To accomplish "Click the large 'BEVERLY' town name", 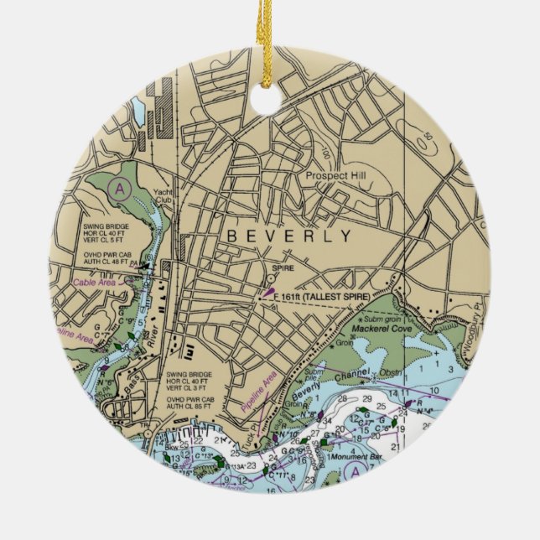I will [288, 236].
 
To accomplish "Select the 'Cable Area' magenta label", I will [96, 283].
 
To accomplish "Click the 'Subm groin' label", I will [384, 319].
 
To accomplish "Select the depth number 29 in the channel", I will [366, 398].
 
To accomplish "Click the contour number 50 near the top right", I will [428, 136].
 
